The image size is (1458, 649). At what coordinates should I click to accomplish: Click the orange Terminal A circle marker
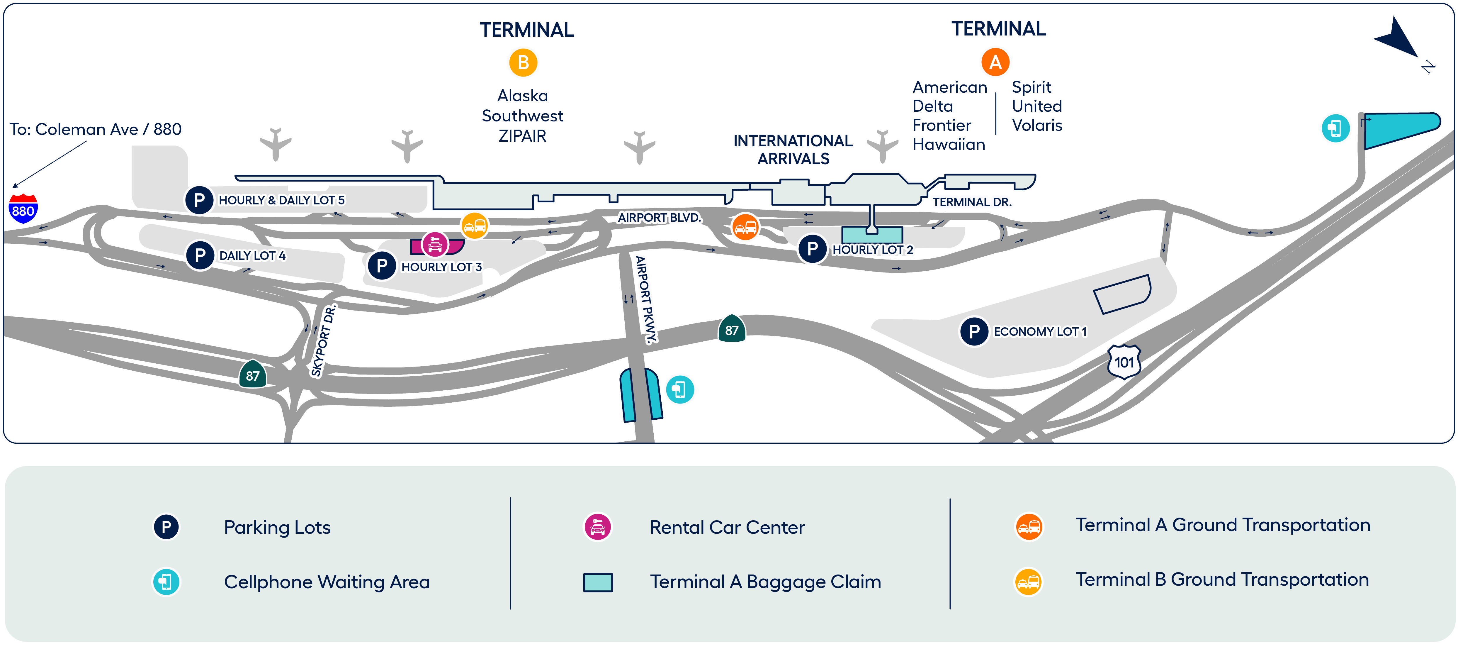coord(995,62)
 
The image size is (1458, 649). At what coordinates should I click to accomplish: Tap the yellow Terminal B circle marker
coord(523,63)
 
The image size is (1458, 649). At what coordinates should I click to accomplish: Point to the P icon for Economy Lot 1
coord(974,331)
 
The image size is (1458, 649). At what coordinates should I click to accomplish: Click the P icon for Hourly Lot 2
coord(812,249)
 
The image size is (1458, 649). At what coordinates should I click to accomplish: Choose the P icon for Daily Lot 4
coord(200,255)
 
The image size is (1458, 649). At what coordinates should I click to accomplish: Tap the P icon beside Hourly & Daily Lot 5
coord(199,200)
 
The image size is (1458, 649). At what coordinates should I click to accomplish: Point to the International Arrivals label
coord(793,150)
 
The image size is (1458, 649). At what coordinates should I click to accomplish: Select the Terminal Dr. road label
coord(972,201)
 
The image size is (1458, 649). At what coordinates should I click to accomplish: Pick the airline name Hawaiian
coord(949,144)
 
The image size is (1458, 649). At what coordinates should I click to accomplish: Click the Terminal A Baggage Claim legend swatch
coord(598,582)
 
